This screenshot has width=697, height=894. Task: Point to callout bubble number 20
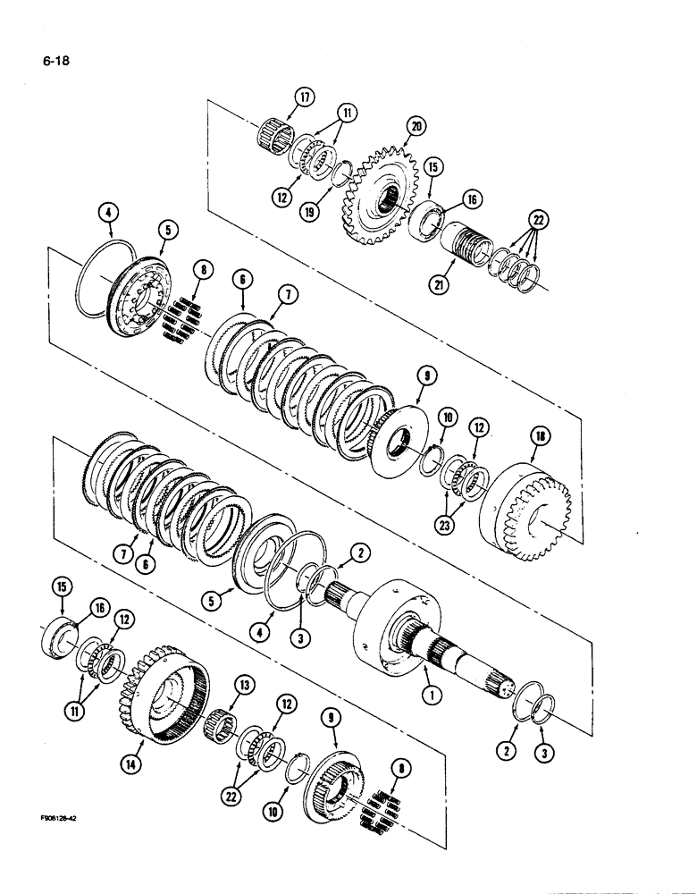414,127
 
